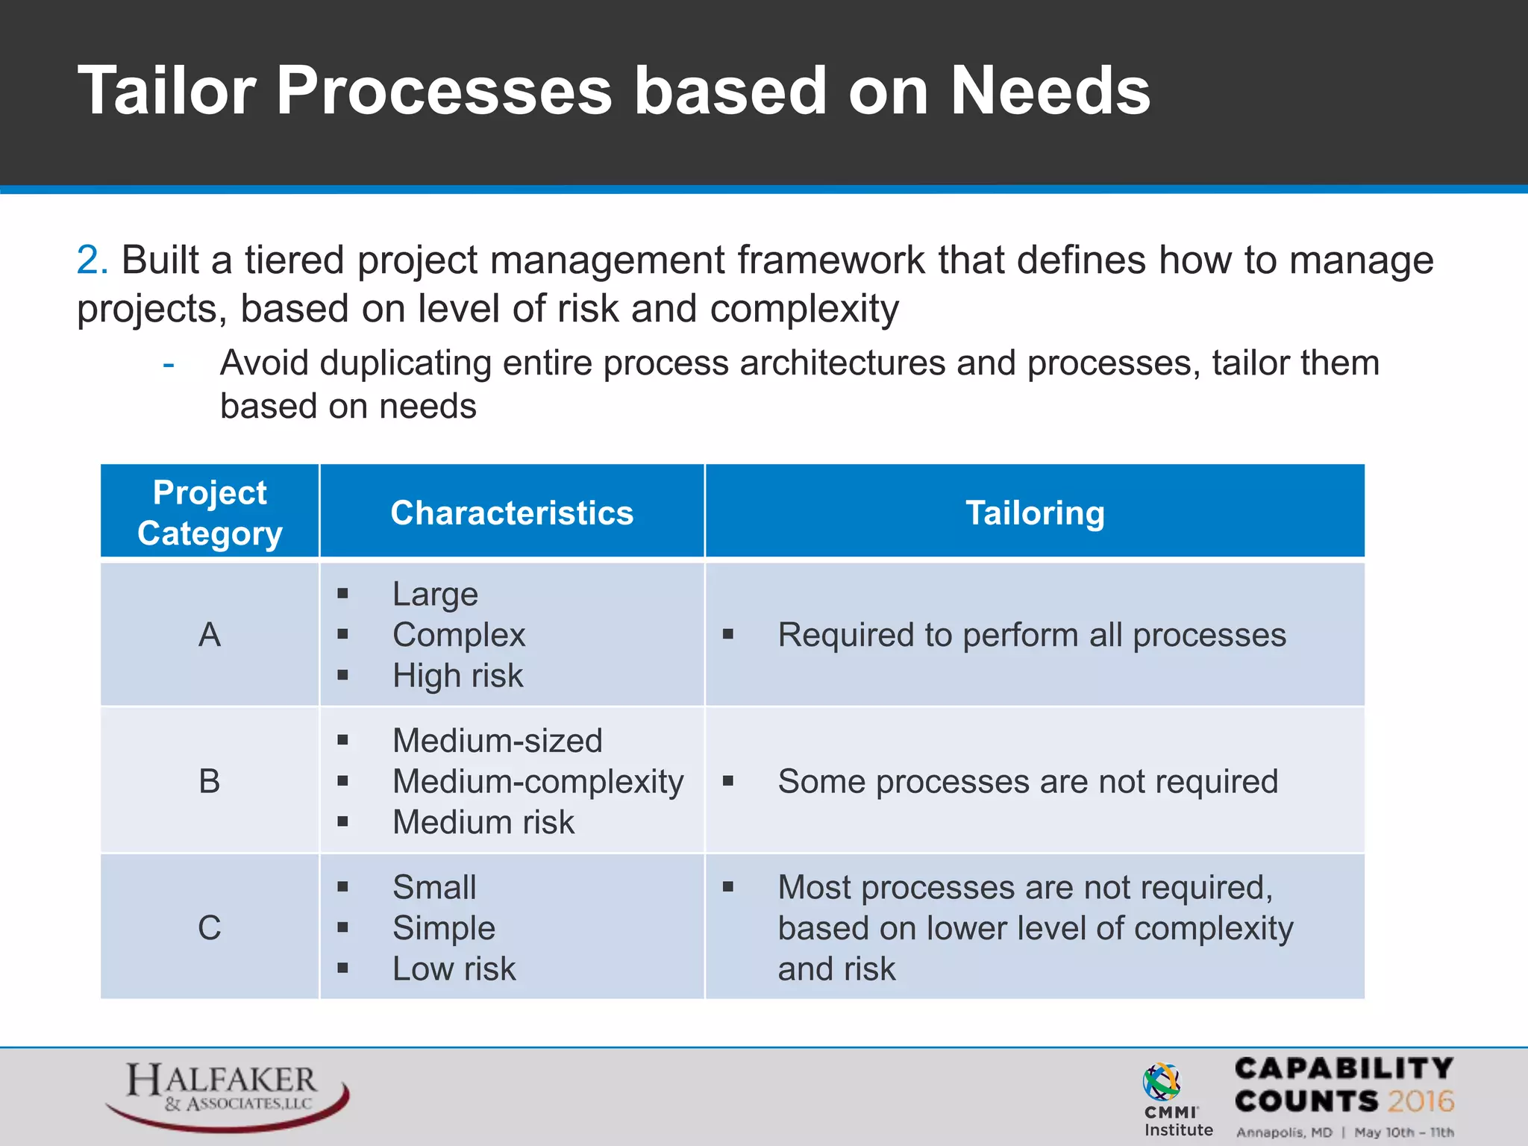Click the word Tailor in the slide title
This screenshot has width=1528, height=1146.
click(167, 91)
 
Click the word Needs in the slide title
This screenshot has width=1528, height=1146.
click(1050, 91)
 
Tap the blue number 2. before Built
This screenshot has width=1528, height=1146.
click(93, 260)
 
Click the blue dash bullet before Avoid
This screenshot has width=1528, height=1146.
click(169, 365)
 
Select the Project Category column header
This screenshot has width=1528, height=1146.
click(210, 513)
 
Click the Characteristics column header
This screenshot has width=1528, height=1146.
click(512, 513)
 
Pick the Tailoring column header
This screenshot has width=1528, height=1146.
click(1035, 513)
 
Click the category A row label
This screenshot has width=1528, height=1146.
click(210, 635)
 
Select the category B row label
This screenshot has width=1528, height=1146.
click(210, 781)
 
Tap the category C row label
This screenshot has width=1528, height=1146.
click(210, 928)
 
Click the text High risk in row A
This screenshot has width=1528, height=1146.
click(457, 676)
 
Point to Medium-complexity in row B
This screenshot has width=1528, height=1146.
click(537, 782)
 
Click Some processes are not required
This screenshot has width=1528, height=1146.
click(1027, 782)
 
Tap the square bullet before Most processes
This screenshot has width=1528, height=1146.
click(728, 887)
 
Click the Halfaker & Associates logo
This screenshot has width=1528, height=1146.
click(226, 1093)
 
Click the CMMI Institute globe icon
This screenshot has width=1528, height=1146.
click(1162, 1083)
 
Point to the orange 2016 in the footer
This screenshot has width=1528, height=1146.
click(1421, 1101)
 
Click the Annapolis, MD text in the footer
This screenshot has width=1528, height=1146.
click(1284, 1133)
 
